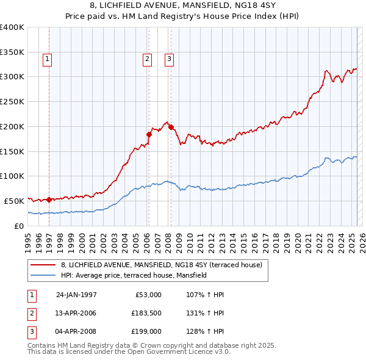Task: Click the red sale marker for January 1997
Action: [x=49, y=199]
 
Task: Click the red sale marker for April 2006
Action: [x=148, y=134]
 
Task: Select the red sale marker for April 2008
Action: [x=171, y=127]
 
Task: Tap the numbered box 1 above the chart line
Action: [x=47, y=59]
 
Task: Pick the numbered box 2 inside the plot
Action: [x=147, y=59]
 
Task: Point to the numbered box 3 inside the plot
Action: [x=169, y=59]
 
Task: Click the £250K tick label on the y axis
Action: [x=12, y=102]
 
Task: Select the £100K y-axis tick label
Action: [x=12, y=176]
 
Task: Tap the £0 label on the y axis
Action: [x=18, y=226]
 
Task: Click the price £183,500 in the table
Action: [x=146, y=313]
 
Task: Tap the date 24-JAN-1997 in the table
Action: [x=76, y=295]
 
